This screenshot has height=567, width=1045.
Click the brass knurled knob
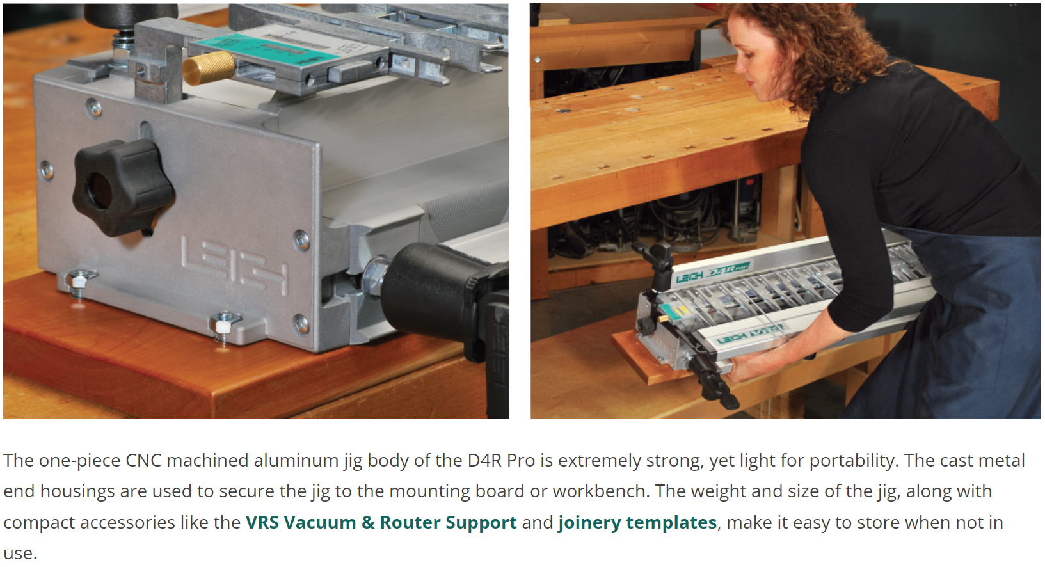[x=208, y=68]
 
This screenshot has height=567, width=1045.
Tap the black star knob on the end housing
[x=123, y=187]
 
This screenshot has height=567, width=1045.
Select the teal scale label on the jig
[x=268, y=49]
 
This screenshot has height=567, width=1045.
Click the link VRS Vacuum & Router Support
[x=381, y=522]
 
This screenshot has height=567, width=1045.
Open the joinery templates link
[x=637, y=523]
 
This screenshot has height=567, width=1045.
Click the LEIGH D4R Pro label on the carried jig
[x=712, y=274]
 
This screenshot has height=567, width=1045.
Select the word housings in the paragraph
[x=77, y=492]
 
